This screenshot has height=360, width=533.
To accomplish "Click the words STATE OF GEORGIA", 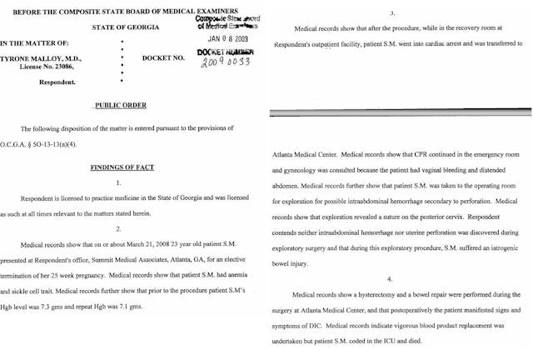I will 137,27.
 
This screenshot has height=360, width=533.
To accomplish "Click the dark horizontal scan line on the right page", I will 400,107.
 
